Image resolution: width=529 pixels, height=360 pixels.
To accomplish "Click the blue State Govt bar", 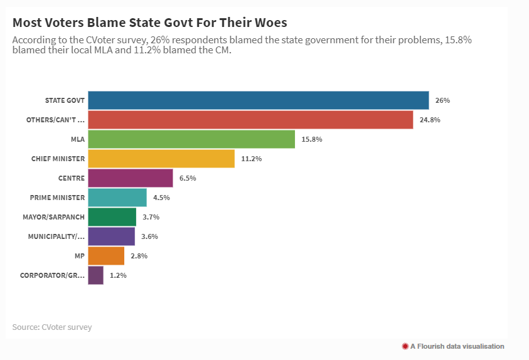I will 258,100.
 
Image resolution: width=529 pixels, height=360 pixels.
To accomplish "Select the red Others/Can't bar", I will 250,120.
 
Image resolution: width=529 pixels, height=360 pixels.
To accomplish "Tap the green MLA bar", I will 191,139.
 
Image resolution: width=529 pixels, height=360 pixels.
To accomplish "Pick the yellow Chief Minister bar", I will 161,159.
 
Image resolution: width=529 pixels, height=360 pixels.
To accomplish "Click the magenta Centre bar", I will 131,178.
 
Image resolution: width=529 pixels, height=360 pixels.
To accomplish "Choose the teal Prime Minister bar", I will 117,198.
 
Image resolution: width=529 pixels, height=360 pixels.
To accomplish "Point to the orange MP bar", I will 106,256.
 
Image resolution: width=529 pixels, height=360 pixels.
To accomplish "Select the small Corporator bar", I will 96,275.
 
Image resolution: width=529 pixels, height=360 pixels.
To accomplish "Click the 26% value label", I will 442,100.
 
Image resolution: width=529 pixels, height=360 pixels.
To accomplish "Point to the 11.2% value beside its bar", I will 251,159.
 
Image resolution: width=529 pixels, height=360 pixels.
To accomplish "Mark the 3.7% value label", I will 151,217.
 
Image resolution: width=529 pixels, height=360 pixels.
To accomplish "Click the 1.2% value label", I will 118,275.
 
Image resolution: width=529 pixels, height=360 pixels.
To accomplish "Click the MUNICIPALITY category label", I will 56,236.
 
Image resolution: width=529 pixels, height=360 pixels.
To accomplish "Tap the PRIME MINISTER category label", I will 57,198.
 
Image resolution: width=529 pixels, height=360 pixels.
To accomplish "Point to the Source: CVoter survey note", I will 51,327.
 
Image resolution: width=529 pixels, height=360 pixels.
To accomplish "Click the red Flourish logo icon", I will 405,346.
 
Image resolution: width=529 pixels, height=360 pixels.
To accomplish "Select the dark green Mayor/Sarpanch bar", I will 112,217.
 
